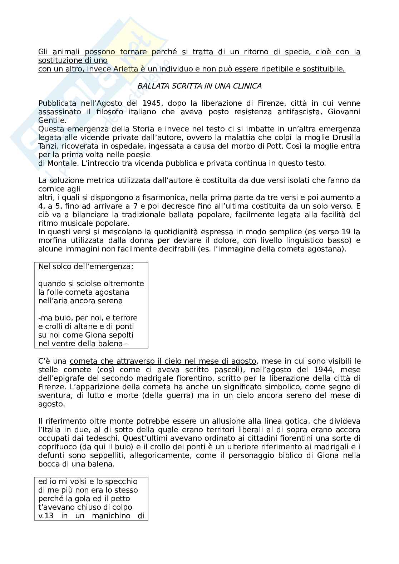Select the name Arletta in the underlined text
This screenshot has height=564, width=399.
(125, 69)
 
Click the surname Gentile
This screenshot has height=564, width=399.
(52, 120)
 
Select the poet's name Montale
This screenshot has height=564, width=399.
(58, 163)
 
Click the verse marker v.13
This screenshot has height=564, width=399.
(46, 516)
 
